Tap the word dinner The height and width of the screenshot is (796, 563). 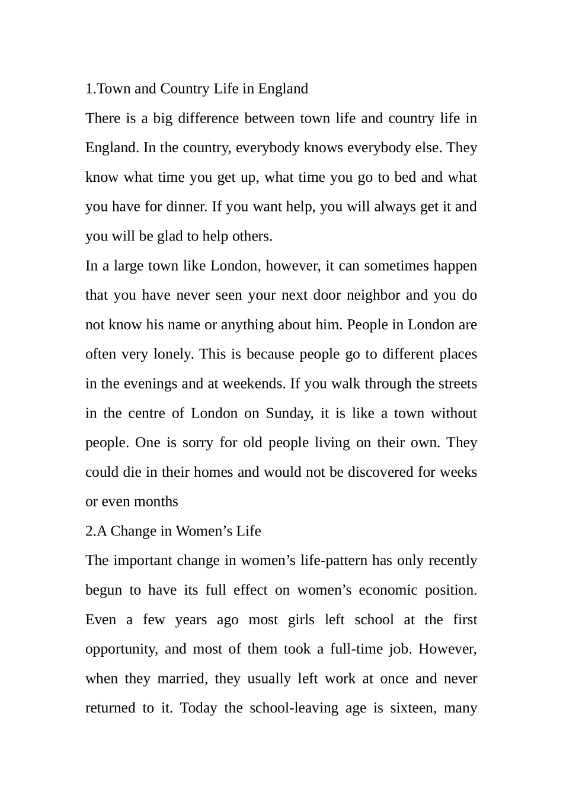point(186,207)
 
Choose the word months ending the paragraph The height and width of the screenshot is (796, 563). point(156,502)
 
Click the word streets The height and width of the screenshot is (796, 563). point(457,384)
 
